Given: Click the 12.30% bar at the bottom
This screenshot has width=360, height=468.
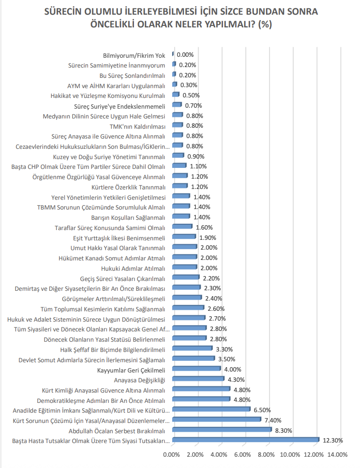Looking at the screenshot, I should [x=246, y=440].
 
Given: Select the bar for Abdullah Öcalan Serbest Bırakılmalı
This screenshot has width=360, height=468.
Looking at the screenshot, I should [x=222, y=430].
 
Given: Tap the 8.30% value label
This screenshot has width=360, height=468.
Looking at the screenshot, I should [x=284, y=430].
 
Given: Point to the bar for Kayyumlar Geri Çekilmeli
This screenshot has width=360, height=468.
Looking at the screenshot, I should [x=197, y=369].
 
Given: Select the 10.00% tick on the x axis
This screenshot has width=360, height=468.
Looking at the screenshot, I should [x=290, y=455].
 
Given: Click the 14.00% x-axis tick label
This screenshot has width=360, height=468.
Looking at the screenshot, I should [x=337, y=455].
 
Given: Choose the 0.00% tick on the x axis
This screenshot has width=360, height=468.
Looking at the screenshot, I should [x=172, y=455].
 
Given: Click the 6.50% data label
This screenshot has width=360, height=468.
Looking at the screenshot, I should [x=262, y=410].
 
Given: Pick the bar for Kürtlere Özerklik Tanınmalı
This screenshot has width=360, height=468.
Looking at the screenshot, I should [x=180, y=187].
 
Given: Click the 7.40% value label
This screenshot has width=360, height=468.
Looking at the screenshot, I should [x=273, y=420].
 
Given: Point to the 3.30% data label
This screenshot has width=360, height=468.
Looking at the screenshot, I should [x=225, y=349].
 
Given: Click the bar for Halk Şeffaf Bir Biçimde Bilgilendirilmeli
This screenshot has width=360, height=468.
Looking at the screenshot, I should [x=192, y=349].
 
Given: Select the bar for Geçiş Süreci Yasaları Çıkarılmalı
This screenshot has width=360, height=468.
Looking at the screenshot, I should [x=186, y=278].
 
